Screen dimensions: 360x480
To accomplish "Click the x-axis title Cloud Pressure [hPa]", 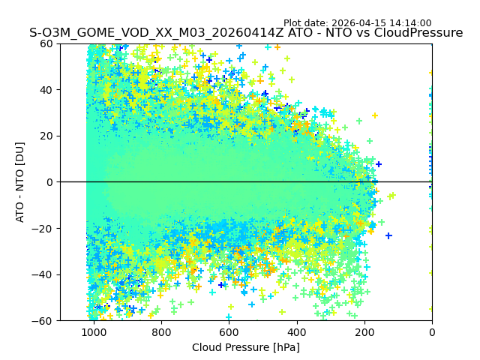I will click(x=246, y=347).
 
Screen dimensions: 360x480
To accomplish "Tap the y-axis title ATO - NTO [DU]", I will click(x=20, y=182).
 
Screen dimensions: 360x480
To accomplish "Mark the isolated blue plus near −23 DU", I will click(x=388, y=235).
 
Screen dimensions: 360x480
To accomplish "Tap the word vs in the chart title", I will click(x=370, y=33).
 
